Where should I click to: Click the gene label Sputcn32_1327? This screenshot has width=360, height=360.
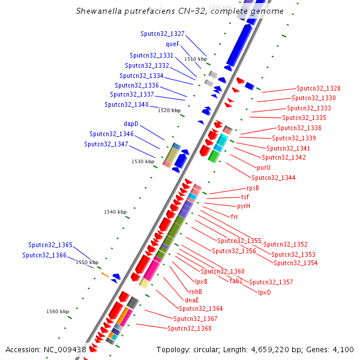coord(163,34)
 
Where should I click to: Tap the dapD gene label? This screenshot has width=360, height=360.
coord(131,124)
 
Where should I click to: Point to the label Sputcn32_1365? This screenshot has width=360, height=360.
coord(50,245)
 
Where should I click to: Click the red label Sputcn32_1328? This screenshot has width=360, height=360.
coord(318,88)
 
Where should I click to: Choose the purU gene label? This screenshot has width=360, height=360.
coord(263,167)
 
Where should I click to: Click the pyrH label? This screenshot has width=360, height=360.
coord(244,206)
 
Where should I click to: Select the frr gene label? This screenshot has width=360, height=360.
coord(235,216)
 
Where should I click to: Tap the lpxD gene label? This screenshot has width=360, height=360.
coord(265,292)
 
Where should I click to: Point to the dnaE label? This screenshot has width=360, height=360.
coord(192,299)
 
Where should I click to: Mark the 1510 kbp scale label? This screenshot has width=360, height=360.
coord(196,59)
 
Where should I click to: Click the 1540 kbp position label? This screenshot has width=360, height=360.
coord(115,212)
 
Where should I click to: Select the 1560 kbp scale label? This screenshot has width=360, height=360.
coord(58,311)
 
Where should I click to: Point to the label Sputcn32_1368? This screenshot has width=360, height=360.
coord(189,328)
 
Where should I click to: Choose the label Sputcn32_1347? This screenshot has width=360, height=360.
coord(106,144)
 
